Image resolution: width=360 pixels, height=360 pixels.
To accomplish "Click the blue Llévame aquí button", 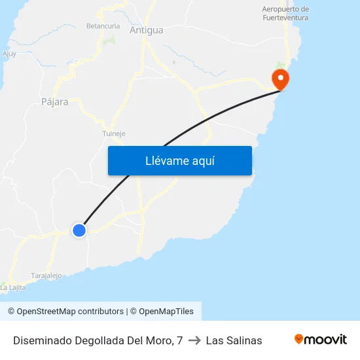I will [x=179, y=160].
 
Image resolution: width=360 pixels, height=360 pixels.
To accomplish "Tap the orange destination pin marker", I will [x=281, y=80].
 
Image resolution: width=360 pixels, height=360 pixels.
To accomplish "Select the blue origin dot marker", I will [x=79, y=230].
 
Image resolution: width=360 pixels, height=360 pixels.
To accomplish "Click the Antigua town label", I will [x=146, y=30].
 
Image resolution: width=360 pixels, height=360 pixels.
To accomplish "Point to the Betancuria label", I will [x=103, y=26].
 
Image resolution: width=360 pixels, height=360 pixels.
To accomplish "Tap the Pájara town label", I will [x=54, y=102].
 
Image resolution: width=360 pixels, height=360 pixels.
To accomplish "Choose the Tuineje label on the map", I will [x=113, y=134].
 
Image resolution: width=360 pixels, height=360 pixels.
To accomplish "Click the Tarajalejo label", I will [x=46, y=276].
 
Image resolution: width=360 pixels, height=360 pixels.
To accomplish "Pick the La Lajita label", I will [x=13, y=287].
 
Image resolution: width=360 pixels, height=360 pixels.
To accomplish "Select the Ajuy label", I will [x=9, y=54].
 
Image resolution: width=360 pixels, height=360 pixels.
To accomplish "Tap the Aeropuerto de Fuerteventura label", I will [x=285, y=14].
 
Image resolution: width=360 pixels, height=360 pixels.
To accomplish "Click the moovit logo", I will [x=320, y=339].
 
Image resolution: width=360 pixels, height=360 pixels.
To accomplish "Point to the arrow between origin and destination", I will [x=194, y=340].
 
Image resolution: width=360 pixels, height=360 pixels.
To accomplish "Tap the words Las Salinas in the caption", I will [x=234, y=340].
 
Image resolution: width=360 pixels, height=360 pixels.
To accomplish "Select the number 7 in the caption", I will [x=179, y=340].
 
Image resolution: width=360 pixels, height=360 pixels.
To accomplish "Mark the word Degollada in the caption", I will [x=92, y=340].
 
